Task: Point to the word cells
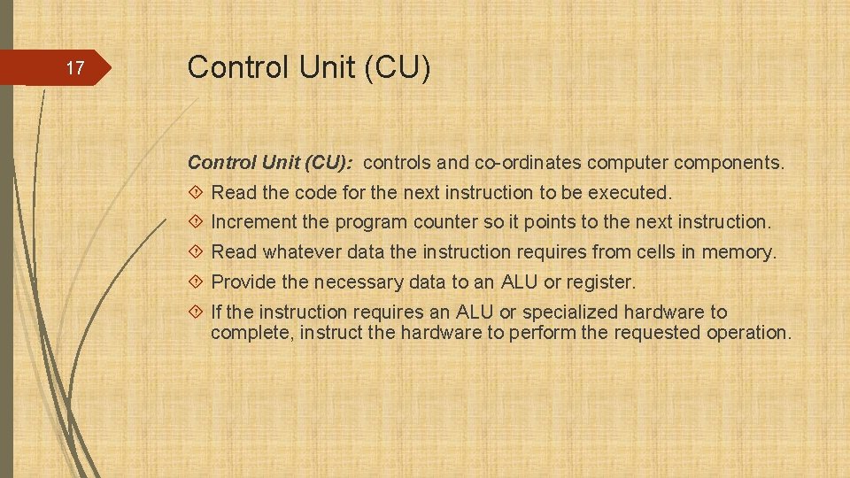tap(655, 252)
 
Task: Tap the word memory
tap(738, 252)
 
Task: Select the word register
tap(604, 282)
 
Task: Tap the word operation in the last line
tap(747, 333)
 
